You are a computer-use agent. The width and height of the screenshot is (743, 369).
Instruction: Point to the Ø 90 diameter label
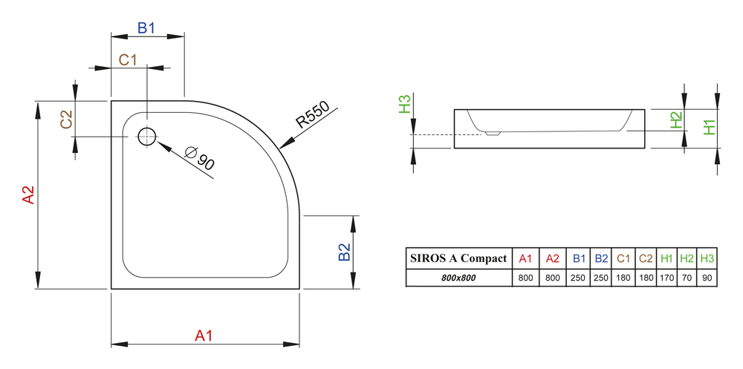click(201, 159)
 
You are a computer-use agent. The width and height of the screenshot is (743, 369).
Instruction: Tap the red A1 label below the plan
click(204, 336)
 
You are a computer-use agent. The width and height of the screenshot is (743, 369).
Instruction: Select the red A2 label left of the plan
click(28, 195)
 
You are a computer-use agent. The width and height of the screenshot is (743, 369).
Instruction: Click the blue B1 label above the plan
click(146, 28)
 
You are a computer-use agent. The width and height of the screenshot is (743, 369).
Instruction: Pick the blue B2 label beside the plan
click(344, 252)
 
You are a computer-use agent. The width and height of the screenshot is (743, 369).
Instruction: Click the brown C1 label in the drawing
click(128, 59)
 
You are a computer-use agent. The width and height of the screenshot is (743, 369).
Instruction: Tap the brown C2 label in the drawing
click(66, 120)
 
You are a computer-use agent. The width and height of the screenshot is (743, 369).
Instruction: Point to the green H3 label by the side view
click(404, 104)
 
